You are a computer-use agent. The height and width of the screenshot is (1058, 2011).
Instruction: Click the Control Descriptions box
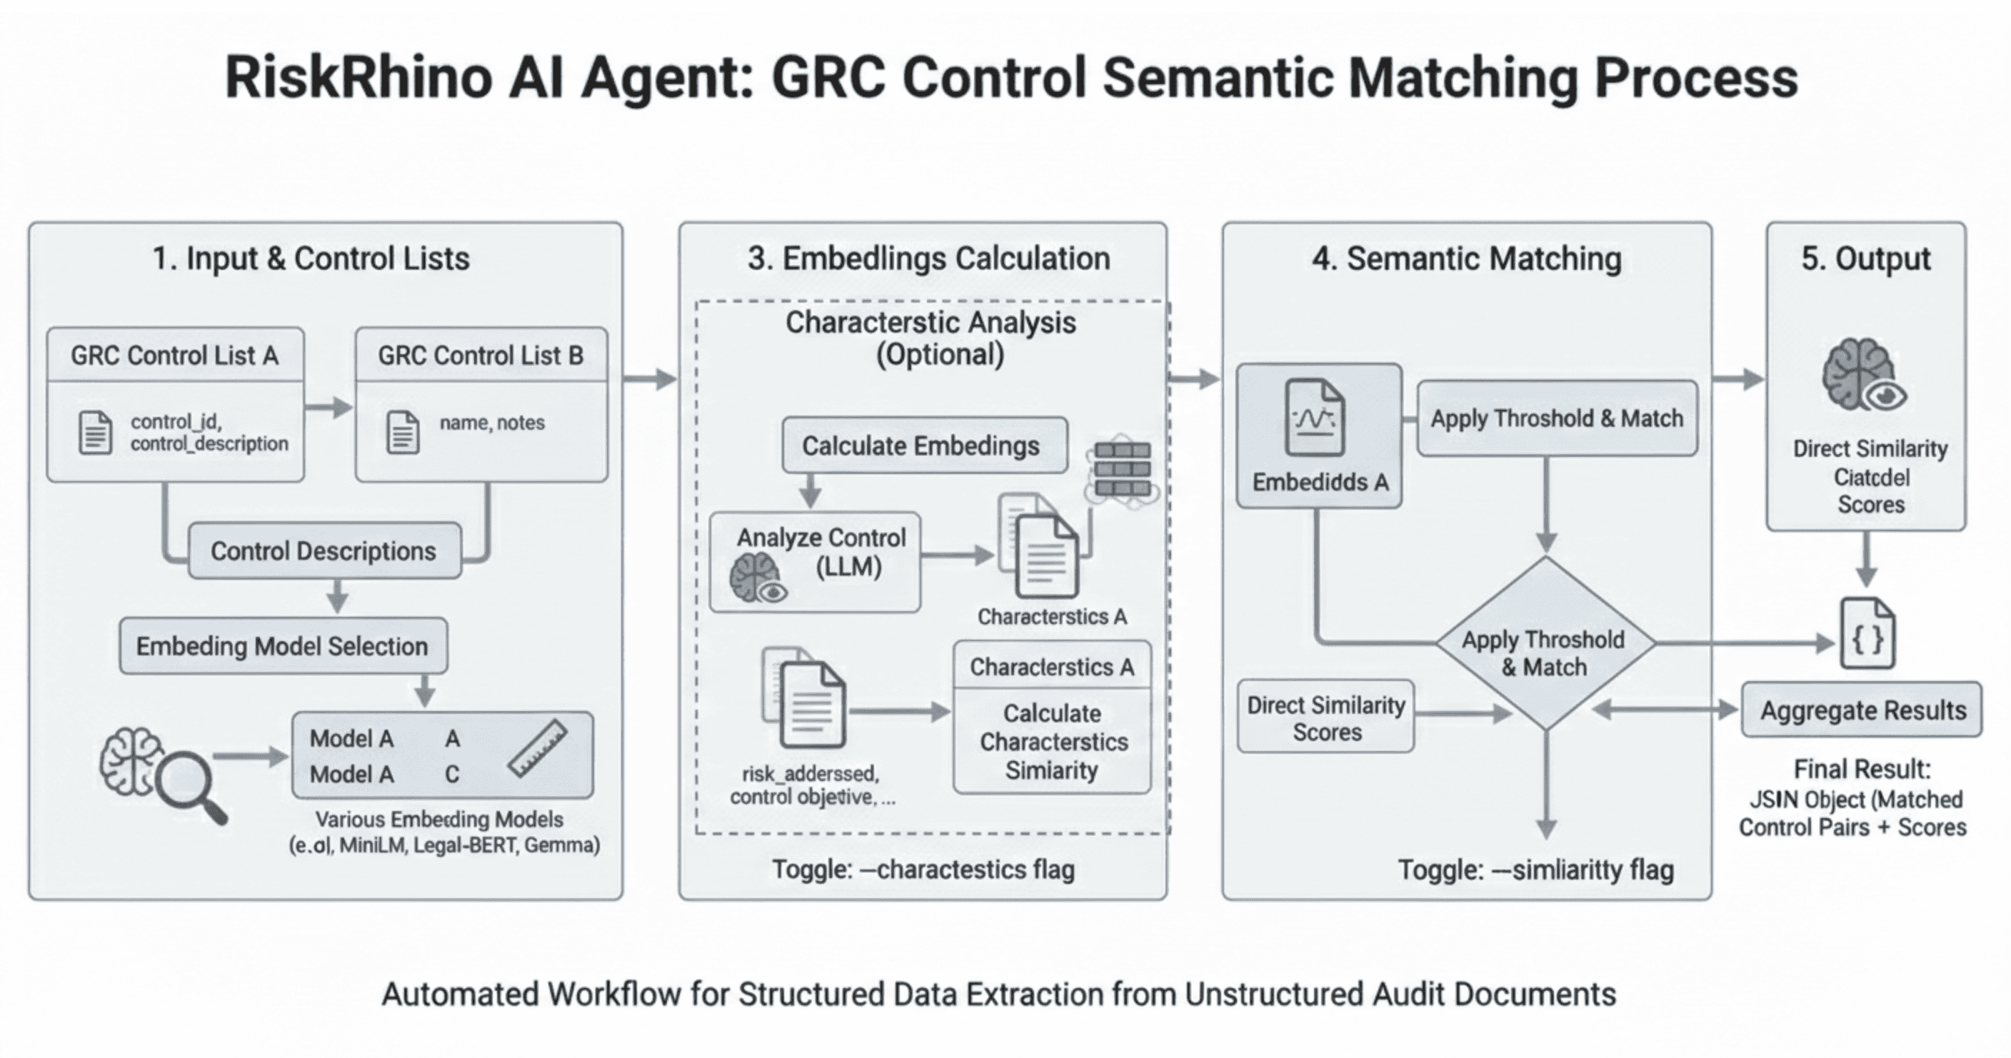[x=324, y=551]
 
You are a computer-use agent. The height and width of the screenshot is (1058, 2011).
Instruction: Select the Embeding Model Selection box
[x=283, y=646]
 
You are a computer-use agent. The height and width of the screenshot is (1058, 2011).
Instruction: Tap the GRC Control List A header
[x=175, y=356]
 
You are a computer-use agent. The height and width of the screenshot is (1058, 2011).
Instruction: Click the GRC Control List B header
[x=481, y=356]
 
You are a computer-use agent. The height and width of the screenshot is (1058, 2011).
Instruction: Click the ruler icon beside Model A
[x=537, y=748]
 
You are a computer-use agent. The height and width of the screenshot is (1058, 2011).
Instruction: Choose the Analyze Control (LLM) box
[x=814, y=562]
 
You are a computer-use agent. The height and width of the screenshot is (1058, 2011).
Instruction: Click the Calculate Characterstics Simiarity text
[x=1053, y=741]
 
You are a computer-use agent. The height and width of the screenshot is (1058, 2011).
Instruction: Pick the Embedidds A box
[x=1319, y=436]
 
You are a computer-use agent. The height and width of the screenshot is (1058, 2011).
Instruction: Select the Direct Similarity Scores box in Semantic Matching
[x=1325, y=717]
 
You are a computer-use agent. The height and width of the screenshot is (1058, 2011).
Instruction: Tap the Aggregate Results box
[x=1862, y=710]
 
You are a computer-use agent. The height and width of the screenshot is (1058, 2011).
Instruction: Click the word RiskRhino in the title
[x=358, y=78]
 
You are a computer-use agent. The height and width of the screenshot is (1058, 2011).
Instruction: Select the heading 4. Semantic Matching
[x=1466, y=259]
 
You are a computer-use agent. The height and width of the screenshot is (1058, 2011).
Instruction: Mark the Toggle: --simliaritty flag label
[x=1535, y=870]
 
